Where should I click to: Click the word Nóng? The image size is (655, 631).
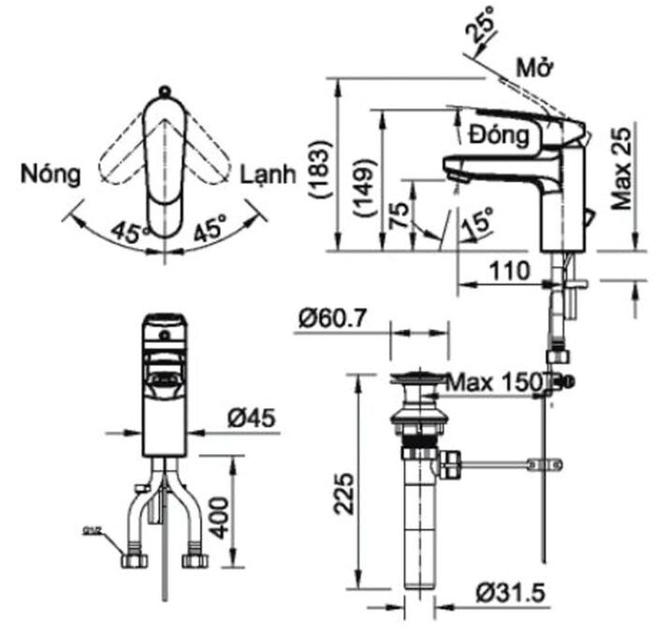click(x=52, y=174)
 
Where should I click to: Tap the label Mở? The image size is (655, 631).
click(x=536, y=68)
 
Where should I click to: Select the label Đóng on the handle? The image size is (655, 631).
click(x=500, y=135)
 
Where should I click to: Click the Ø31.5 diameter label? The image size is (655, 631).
click(x=510, y=593)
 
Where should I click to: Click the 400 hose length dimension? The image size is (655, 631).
click(x=218, y=512)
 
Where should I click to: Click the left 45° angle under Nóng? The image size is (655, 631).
click(x=130, y=229)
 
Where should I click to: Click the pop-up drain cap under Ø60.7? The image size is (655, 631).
click(x=419, y=380)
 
